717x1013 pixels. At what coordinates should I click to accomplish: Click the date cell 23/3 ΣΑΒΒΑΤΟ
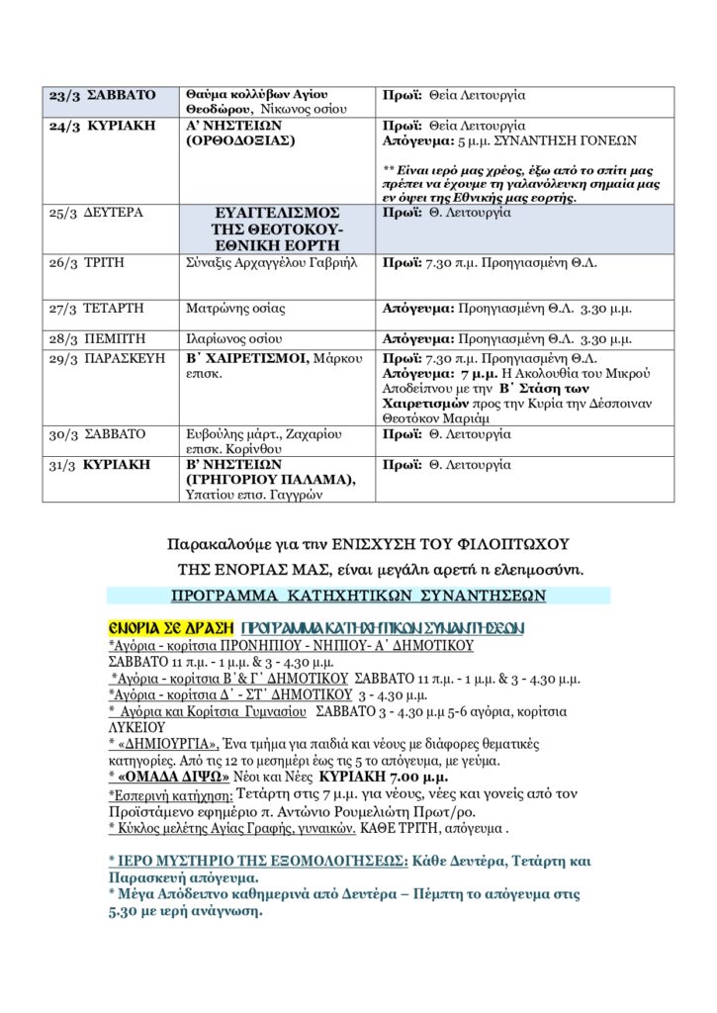coord(103,96)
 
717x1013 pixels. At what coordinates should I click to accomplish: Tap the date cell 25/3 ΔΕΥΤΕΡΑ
coord(96,213)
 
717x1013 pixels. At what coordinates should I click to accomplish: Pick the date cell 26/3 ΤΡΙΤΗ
coord(88,263)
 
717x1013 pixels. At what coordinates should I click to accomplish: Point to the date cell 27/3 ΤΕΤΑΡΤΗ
coord(97,309)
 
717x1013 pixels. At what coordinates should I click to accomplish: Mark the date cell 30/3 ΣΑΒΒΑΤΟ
coord(97,433)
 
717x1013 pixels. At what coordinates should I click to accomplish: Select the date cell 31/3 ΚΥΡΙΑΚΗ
coord(99,463)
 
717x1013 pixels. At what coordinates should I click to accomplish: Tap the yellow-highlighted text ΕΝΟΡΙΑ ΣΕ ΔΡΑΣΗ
coord(170,628)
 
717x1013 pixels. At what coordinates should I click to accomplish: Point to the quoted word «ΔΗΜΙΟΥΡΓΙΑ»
coord(162,743)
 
